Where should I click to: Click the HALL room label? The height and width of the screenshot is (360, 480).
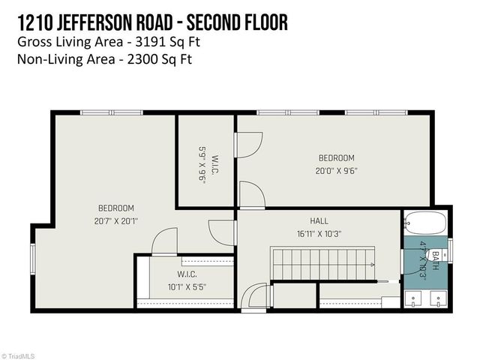coord(319,221)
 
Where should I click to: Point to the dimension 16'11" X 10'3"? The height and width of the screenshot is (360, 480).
coord(319,233)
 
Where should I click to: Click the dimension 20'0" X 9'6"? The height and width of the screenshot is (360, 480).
coord(336,169)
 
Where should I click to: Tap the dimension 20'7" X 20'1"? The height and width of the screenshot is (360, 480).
coord(116,220)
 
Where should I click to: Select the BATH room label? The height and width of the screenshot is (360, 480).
coord(436,264)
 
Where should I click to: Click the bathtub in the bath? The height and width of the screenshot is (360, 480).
coord(425,222)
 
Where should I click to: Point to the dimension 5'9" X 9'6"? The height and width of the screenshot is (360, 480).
coord(202,164)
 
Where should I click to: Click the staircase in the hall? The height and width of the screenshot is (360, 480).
coord(322,265)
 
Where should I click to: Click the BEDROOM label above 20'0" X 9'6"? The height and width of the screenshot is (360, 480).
coord(336,157)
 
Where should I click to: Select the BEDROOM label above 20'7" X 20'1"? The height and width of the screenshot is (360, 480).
coord(116,208)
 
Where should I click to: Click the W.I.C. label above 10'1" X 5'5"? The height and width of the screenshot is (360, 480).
coord(187,274)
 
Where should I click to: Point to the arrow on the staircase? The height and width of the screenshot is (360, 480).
coord(370,265)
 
